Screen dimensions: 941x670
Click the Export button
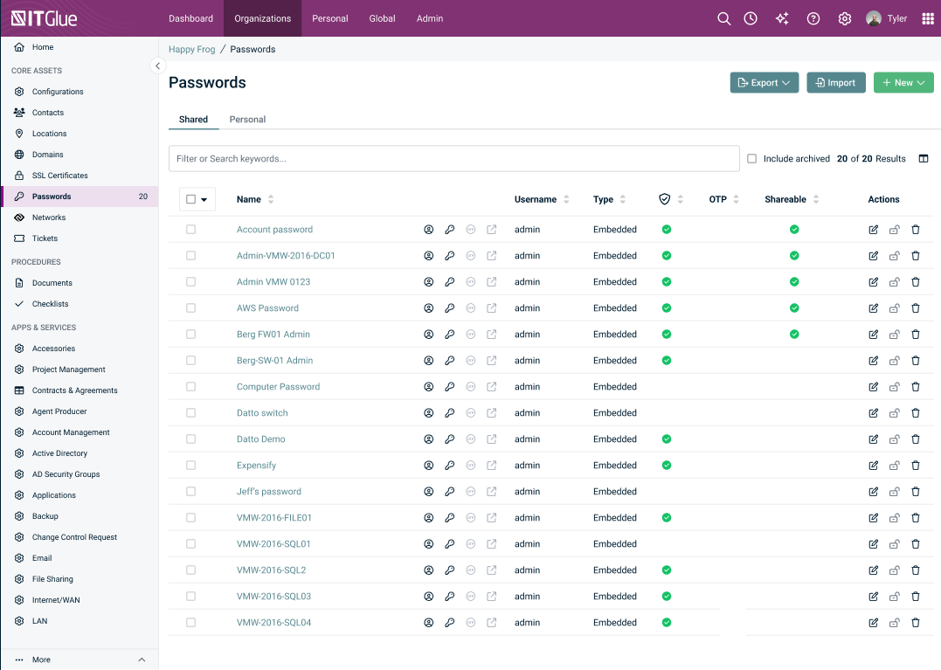pos(764,83)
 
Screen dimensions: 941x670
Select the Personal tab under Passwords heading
pos(247,120)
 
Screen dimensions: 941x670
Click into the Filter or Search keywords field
pos(453,158)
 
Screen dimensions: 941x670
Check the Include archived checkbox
pos(751,158)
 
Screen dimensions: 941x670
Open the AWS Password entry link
pos(267,307)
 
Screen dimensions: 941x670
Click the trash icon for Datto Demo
pos(915,439)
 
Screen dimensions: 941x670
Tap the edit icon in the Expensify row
pos(873,466)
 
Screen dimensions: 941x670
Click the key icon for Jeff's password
pos(449,491)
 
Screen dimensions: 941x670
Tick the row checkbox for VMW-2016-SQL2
pos(190,570)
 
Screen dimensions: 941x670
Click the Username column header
pos(536,199)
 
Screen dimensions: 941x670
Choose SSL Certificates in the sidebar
pos(60,176)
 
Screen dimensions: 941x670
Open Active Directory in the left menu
pos(59,452)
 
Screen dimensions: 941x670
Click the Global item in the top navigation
pos(383,18)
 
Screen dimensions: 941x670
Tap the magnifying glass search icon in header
pos(723,18)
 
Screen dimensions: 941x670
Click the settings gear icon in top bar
pos(844,18)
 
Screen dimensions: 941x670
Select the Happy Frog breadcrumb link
pos(192,49)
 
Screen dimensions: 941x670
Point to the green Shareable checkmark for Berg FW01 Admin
pos(794,334)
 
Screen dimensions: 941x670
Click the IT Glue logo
pos(45,18)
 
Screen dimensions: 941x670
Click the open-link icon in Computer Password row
pos(492,387)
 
